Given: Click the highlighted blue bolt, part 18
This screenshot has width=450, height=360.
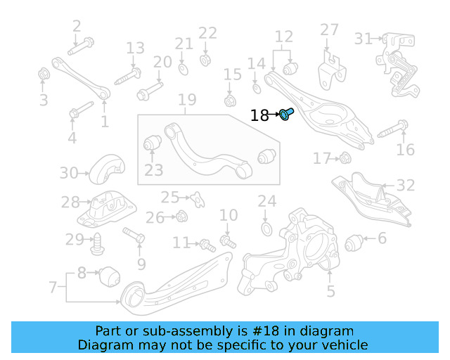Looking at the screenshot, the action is click(x=286, y=114).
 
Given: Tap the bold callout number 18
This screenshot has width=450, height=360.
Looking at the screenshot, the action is click(x=259, y=115).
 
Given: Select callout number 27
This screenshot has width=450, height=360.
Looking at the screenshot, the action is click(x=329, y=30).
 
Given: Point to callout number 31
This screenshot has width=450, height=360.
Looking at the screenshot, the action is click(x=364, y=39).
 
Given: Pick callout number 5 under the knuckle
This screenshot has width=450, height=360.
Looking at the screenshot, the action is click(x=330, y=290).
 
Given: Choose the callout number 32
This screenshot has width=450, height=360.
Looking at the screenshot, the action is click(x=406, y=186).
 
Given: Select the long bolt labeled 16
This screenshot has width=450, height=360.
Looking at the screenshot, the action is click(x=393, y=129).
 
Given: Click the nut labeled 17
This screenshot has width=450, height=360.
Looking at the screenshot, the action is click(x=345, y=157).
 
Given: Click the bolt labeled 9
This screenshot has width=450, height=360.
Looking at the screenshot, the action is click(x=134, y=236).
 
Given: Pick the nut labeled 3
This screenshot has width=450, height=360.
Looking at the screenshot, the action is click(x=44, y=74).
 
